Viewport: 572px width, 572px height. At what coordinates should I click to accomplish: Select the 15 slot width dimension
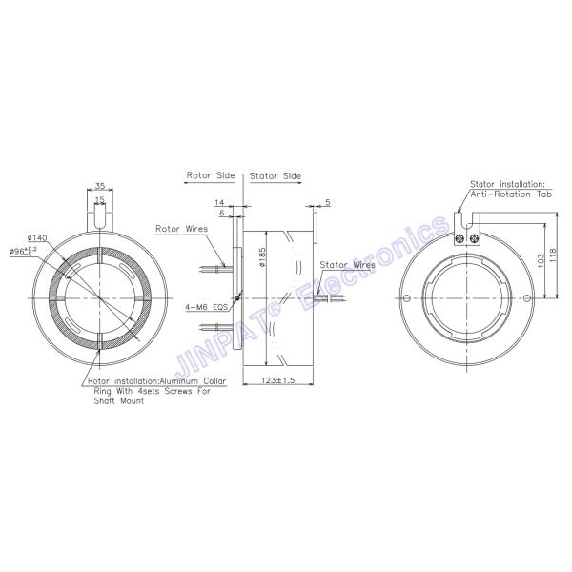99,201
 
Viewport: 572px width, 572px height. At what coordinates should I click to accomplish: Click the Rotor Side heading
211,176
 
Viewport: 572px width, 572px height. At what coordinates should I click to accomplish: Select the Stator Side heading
275,176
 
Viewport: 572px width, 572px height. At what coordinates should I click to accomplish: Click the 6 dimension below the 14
222,215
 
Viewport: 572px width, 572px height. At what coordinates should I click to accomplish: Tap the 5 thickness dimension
327,203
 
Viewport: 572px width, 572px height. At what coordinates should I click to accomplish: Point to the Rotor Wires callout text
180,229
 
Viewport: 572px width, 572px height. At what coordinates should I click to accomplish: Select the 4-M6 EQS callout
206,308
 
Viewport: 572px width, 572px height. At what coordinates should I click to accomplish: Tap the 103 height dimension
541,259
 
